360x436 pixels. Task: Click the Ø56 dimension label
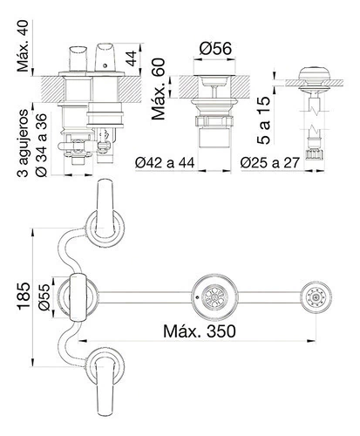click(215, 48)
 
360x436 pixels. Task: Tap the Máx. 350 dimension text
click(200, 330)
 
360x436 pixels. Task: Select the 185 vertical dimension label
click(24, 296)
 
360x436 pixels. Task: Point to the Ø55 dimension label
click(44, 297)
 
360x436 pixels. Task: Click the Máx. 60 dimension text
click(159, 89)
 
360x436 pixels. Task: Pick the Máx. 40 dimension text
click(23, 45)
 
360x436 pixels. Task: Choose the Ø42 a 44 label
click(165, 163)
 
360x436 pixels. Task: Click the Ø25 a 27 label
click(270, 163)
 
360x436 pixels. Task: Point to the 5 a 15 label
click(264, 120)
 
